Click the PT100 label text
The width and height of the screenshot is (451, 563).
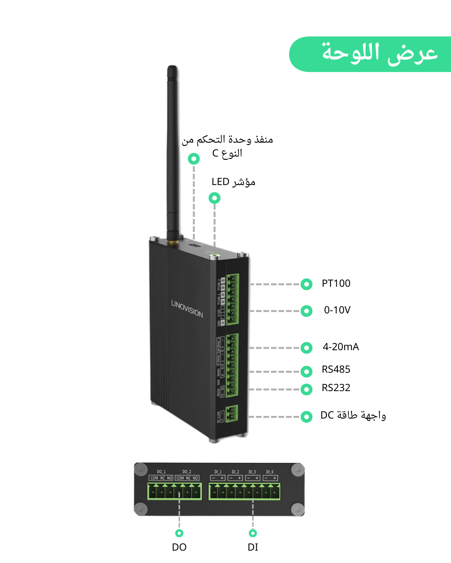coord(336,283)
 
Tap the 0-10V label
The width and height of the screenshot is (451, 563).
coord(337,310)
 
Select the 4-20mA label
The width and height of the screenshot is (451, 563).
coord(341,347)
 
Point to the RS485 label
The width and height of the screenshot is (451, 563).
coord(336,369)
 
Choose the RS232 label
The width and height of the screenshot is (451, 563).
coord(336,388)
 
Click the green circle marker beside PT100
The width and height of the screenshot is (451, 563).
coord(307,285)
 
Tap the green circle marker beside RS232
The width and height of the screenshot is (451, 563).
coord(307,389)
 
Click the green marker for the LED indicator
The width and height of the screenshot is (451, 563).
coord(215,198)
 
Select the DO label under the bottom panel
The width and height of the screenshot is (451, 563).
coord(179,547)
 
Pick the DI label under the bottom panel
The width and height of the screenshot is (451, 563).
coord(253,547)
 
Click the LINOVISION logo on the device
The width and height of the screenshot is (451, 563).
coord(187,309)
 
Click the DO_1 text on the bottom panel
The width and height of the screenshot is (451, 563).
coord(161,471)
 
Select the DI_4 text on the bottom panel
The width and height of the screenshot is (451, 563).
coord(270,472)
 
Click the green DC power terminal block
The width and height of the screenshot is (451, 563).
coord(232,414)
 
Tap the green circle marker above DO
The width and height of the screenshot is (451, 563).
coord(179,533)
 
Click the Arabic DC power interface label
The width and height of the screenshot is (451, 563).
coord(353,415)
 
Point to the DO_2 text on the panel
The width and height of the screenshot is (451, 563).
coord(187,471)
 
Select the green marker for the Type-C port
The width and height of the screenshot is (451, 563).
coord(194,159)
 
